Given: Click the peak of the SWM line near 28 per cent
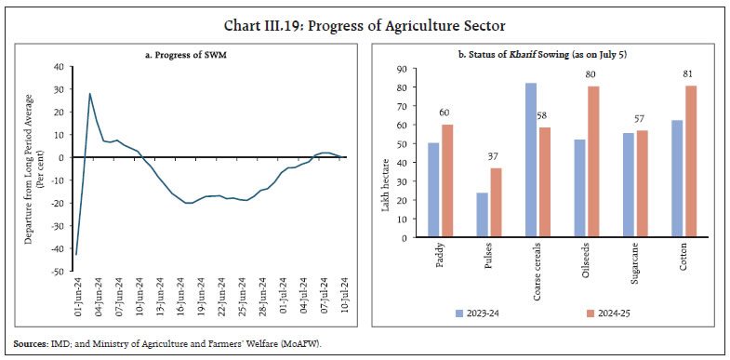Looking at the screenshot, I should tap(89, 93).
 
